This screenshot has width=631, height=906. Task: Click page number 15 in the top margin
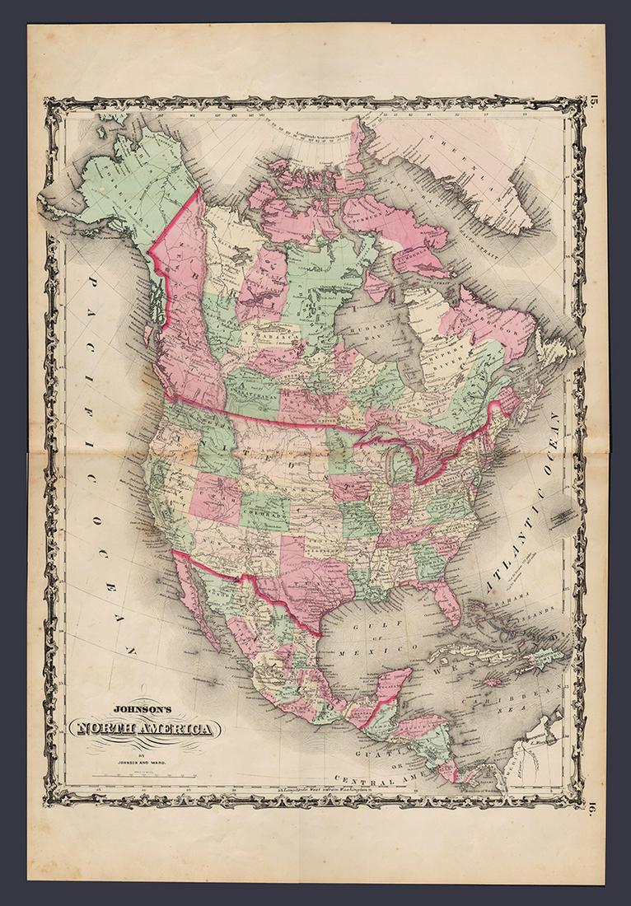click(x=594, y=103)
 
